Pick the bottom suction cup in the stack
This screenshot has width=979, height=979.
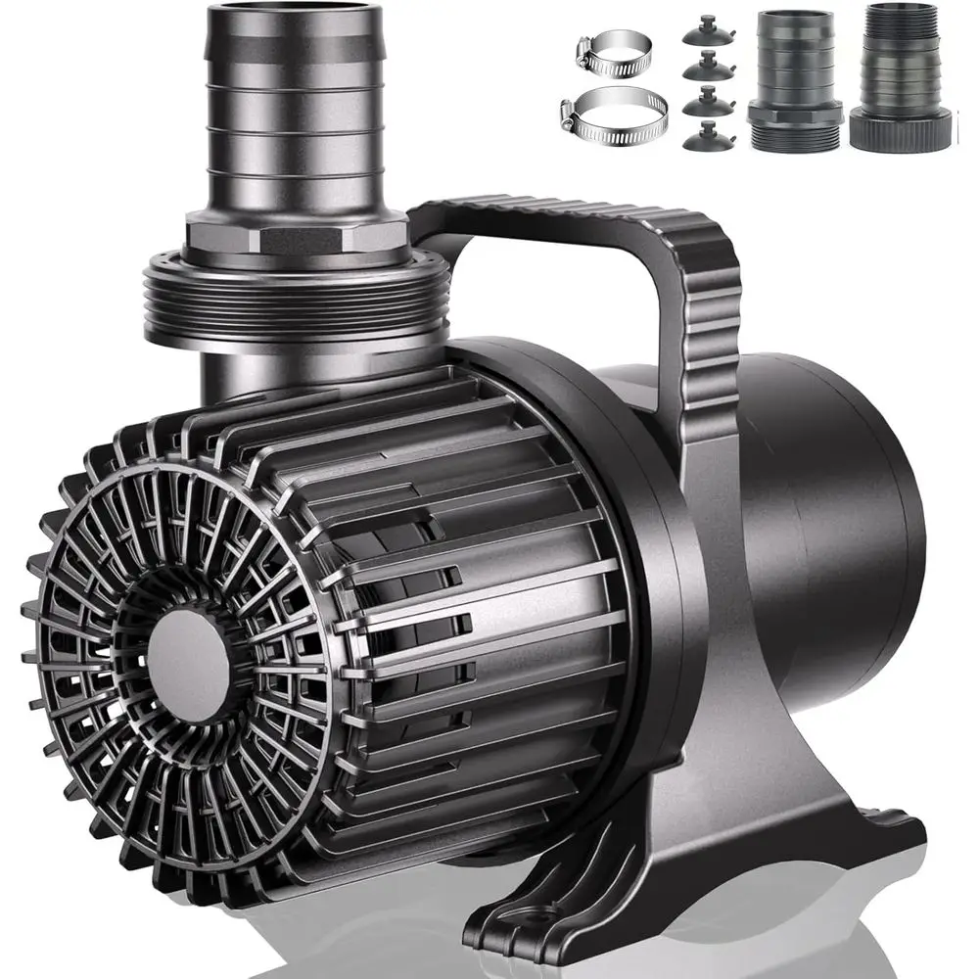click(x=704, y=136)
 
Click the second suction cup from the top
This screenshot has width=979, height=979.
click(x=705, y=67)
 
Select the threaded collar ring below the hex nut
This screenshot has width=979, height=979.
click(x=295, y=294)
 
